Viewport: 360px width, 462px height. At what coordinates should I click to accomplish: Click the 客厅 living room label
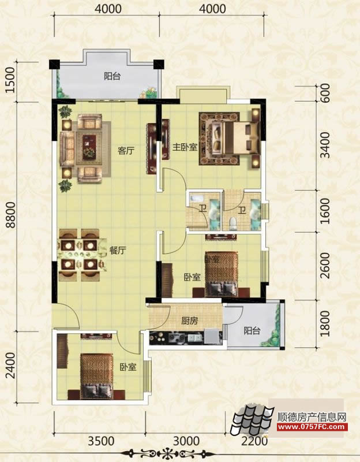pyautogui.click(x=126, y=151)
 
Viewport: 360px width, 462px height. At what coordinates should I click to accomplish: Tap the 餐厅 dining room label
pyautogui.click(x=118, y=251)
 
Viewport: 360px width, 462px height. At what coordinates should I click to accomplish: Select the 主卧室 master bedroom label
pyautogui.click(x=185, y=147)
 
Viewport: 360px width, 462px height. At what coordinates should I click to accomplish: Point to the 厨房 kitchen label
pyautogui.click(x=190, y=321)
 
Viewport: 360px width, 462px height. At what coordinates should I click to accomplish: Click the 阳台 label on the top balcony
pyautogui.click(x=112, y=76)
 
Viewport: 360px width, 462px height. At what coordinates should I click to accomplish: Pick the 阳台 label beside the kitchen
pyautogui.click(x=252, y=330)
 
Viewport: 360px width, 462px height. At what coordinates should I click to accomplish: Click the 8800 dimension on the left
pyautogui.click(x=11, y=215)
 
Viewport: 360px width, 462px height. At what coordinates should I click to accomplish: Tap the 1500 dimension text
pyautogui.click(x=10, y=80)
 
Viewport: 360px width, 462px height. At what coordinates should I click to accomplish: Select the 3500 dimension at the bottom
pyautogui.click(x=102, y=441)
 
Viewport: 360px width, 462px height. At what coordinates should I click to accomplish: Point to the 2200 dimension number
pyautogui.click(x=255, y=441)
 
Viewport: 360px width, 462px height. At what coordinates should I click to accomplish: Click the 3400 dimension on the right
pyautogui.click(x=325, y=146)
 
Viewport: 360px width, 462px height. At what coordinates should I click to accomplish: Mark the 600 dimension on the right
pyautogui.click(x=325, y=93)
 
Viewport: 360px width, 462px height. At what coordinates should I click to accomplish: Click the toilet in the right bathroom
pyautogui.click(x=234, y=223)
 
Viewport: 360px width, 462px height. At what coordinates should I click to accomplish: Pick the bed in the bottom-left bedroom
pyautogui.click(x=97, y=377)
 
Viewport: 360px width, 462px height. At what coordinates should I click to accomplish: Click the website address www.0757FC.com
pyautogui.click(x=312, y=427)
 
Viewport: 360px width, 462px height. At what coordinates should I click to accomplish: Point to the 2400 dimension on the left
pyautogui.click(x=10, y=366)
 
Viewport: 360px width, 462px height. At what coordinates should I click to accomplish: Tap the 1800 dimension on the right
pyautogui.click(x=325, y=323)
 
